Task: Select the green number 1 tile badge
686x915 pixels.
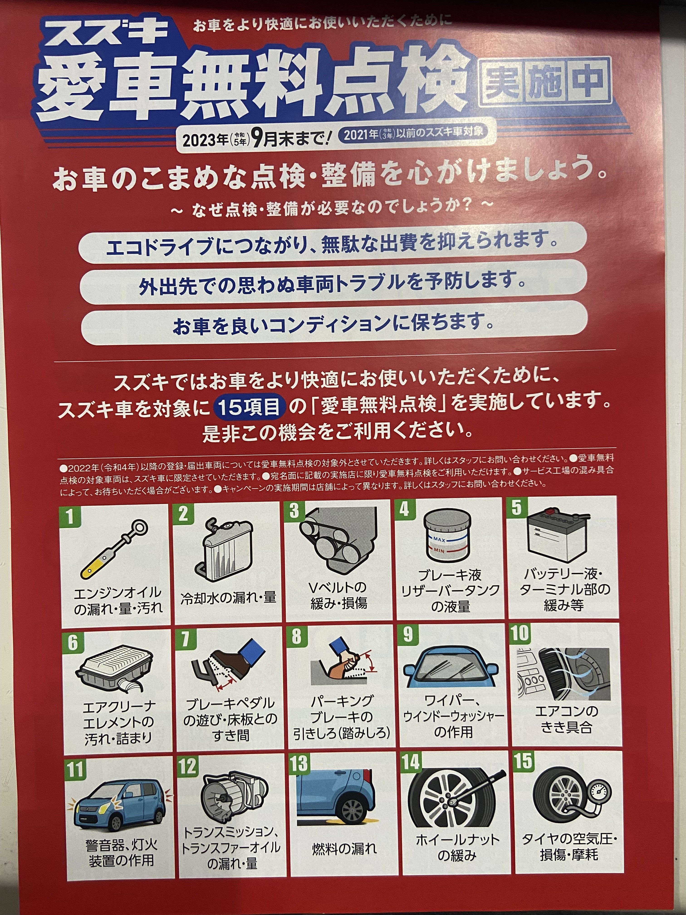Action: tap(69, 516)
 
